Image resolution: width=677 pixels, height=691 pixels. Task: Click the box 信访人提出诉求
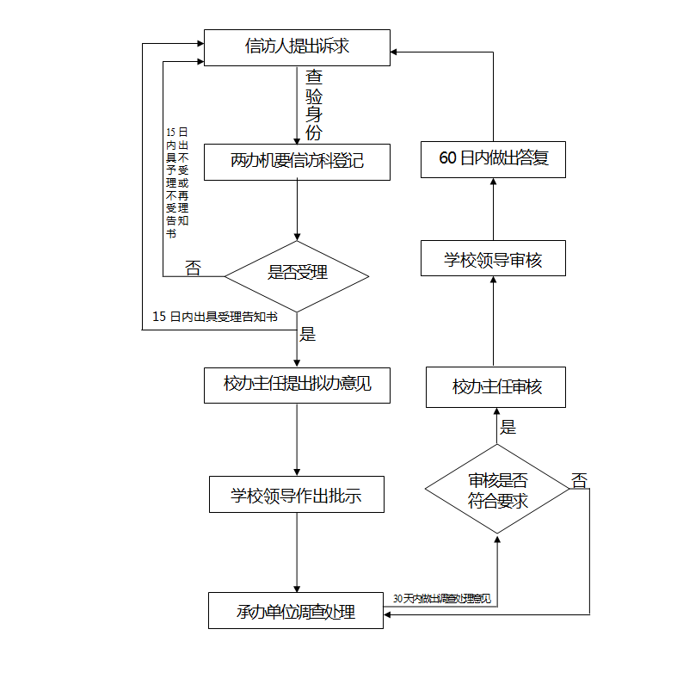pos(297,47)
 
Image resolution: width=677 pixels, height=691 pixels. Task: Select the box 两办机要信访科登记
pos(297,161)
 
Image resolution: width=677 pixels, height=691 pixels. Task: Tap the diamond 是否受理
pos(297,275)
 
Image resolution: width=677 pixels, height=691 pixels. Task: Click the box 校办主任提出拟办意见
pos(297,385)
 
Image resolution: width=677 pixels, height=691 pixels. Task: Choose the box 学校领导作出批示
pos(297,495)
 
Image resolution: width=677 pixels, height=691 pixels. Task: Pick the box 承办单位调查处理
pos(296,611)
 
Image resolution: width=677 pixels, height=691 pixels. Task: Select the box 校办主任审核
pos(496,387)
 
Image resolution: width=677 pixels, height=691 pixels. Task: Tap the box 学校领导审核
pos(493,259)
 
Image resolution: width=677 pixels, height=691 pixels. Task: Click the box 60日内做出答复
pos(493,159)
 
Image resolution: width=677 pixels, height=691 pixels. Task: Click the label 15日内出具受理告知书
pos(214,317)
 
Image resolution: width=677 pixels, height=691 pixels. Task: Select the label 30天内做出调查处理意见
pos(441,598)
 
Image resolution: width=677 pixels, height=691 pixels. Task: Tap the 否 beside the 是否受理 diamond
pos(194,268)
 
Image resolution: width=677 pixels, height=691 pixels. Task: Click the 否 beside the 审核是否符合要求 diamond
pos(580,481)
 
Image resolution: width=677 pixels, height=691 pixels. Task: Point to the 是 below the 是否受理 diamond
pos(307,335)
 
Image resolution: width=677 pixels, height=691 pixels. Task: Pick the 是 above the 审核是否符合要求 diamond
pos(508,427)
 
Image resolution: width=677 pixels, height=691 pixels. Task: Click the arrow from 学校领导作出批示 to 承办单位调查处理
pos(297,552)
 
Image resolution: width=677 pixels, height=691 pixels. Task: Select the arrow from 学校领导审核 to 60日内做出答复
pos(493,209)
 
